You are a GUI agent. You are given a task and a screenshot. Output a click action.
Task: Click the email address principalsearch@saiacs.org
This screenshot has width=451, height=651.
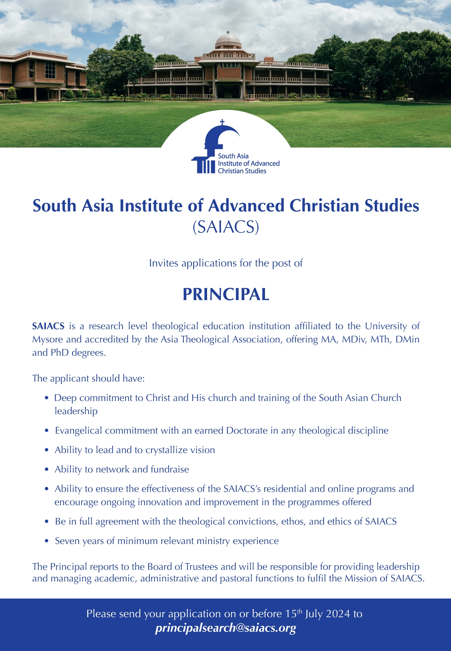click(x=225, y=627)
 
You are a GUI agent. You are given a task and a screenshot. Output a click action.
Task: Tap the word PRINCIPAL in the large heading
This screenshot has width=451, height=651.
click(x=226, y=295)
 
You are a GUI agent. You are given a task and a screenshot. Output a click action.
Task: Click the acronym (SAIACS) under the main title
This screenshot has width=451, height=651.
click(x=225, y=227)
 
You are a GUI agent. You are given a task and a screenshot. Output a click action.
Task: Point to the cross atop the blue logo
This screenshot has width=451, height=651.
click(x=222, y=122)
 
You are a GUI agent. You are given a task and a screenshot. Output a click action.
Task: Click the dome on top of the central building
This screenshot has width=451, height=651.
click(x=228, y=41)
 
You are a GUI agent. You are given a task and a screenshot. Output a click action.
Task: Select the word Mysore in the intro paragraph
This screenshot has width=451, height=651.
click(x=47, y=339)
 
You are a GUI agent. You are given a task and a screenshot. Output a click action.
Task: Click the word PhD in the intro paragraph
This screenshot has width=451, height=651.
click(x=59, y=353)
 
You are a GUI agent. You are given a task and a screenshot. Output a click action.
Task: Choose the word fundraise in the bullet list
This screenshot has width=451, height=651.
click(x=170, y=469)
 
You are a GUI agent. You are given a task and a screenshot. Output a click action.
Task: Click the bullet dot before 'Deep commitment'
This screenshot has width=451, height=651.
click(x=47, y=398)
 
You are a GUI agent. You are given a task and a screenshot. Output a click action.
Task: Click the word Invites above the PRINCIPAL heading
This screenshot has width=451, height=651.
click(x=163, y=263)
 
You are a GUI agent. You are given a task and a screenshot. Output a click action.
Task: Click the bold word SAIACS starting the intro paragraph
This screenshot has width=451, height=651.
click(x=48, y=326)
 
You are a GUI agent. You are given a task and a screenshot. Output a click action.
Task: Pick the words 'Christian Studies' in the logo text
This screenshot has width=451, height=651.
click(x=242, y=171)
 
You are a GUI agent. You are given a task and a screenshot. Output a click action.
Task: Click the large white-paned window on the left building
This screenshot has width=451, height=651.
click(x=50, y=70)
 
